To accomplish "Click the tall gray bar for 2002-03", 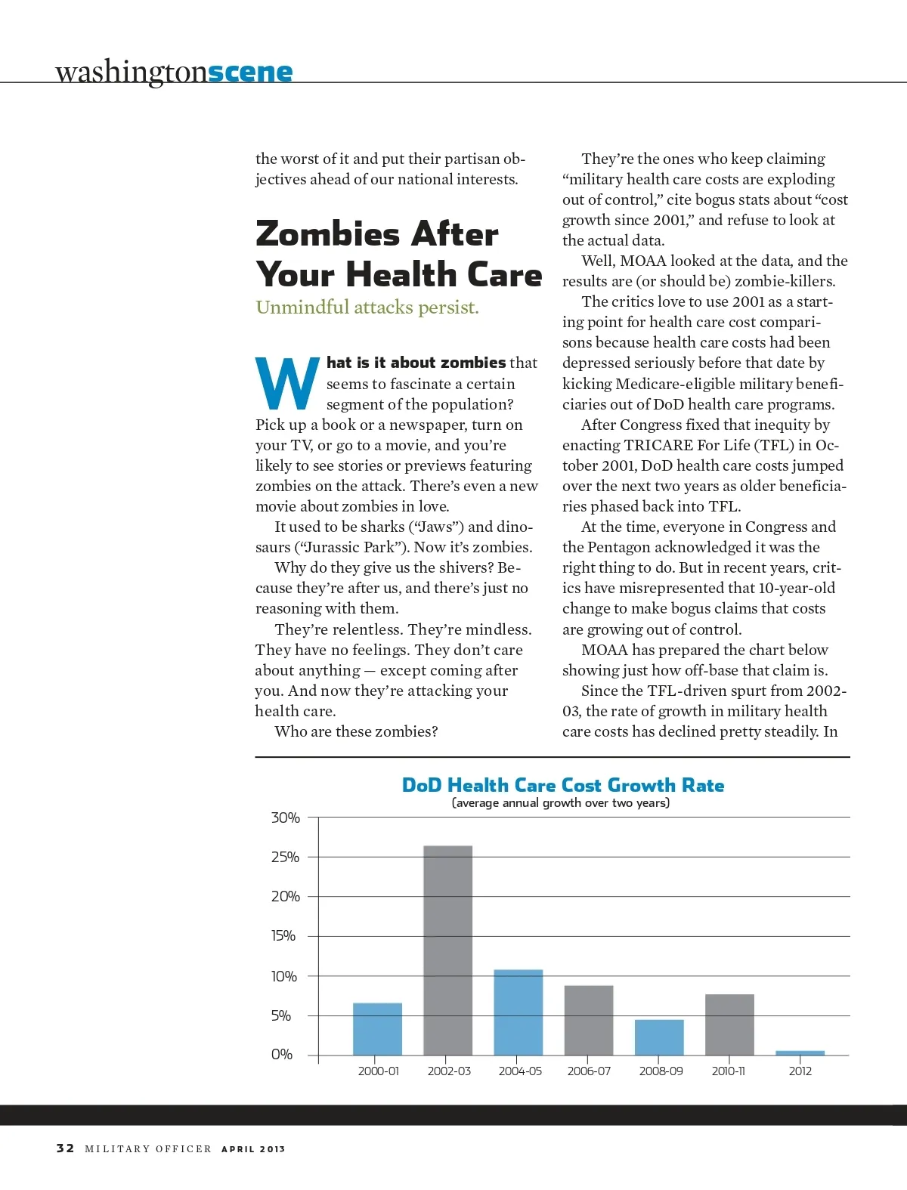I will point(447,950).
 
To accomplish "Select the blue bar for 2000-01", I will point(377,1028).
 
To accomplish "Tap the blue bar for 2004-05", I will point(519,1012).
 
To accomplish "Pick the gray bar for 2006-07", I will point(589,1020).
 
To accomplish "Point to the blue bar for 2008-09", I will point(659,1037).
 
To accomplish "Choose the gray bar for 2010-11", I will point(729,1024).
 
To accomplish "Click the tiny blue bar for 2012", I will point(800,1052).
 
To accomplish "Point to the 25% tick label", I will point(285,857).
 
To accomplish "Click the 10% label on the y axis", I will point(284,976).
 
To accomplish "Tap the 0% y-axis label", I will point(282,1055).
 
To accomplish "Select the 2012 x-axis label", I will point(800,1071).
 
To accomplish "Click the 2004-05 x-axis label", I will point(520,1071).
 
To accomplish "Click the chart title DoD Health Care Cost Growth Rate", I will point(562,785).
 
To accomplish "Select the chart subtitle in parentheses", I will point(561,803).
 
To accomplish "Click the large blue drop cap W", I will point(286,384).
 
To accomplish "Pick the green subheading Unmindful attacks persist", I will point(367,308).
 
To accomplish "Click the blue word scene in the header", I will point(250,72).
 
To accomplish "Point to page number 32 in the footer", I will point(65,1148).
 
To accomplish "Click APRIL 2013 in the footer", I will point(253,1149).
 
